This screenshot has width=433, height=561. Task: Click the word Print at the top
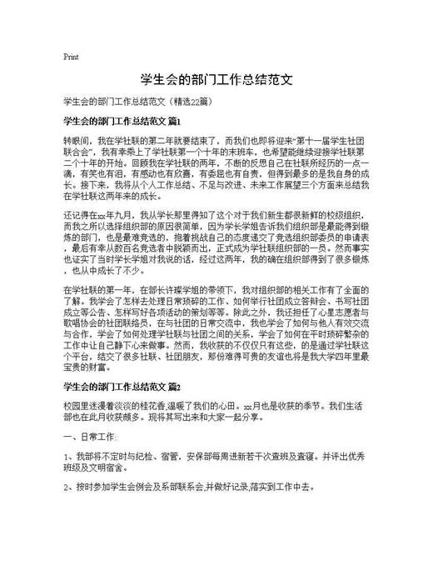[x=71, y=58]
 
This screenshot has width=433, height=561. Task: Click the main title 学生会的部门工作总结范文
[x=216, y=81]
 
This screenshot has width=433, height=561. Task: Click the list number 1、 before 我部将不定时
[x=67, y=458]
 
